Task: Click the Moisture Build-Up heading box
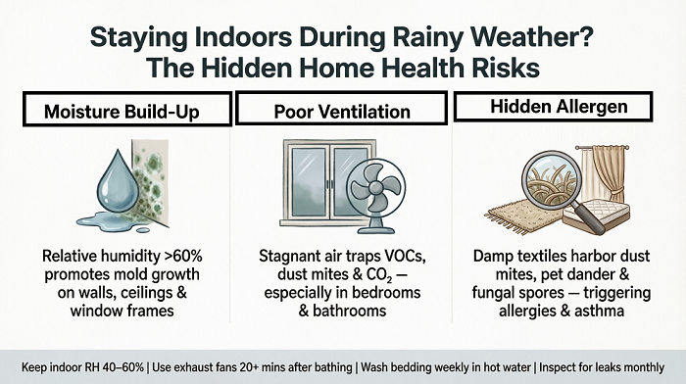pyautogui.click(x=126, y=110)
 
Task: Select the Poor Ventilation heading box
pyautogui.click(x=341, y=109)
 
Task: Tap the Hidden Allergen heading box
pyautogui.click(x=553, y=106)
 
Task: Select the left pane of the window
pyautogui.click(x=309, y=181)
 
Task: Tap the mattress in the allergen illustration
pyautogui.click(x=597, y=214)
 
